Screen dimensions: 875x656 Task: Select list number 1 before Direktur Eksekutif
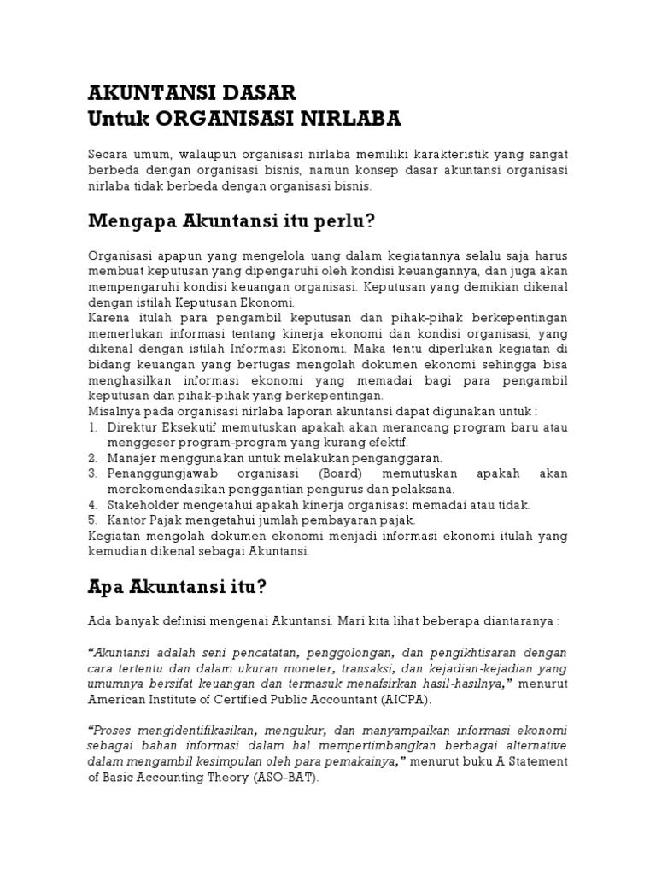(x=92, y=427)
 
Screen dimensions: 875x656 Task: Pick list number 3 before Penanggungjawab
(x=92, y=474)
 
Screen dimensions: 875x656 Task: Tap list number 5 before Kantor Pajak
(x=92, y=520)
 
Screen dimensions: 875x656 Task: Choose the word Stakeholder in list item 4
(x=141, y=505)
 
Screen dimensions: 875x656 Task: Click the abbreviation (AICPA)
(x=401, y=699)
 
